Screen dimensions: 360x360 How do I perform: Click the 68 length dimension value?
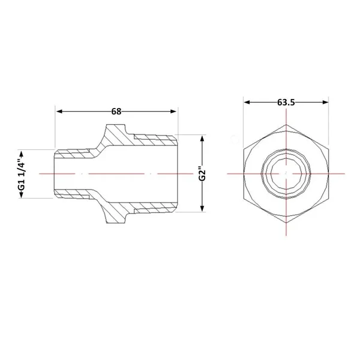click(x=116, y=112)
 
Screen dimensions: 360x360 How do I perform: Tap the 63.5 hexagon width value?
click(x=286, y=102)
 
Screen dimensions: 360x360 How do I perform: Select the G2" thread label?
click(x=202, y=173)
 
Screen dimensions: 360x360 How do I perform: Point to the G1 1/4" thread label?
click(x=22, y=173)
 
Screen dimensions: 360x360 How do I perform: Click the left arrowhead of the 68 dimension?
click(x=59, y=112)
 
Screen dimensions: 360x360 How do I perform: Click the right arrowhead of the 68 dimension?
click(x=173, y=112)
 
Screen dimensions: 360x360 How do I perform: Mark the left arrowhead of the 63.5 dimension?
click(x=247, y=102)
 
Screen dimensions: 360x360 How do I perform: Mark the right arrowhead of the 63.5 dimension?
click(x=326, y=102)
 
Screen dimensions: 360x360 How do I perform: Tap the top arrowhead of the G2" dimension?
click(x=202, y=139)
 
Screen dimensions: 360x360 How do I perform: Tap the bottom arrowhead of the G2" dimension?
click(x=202, y=208)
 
